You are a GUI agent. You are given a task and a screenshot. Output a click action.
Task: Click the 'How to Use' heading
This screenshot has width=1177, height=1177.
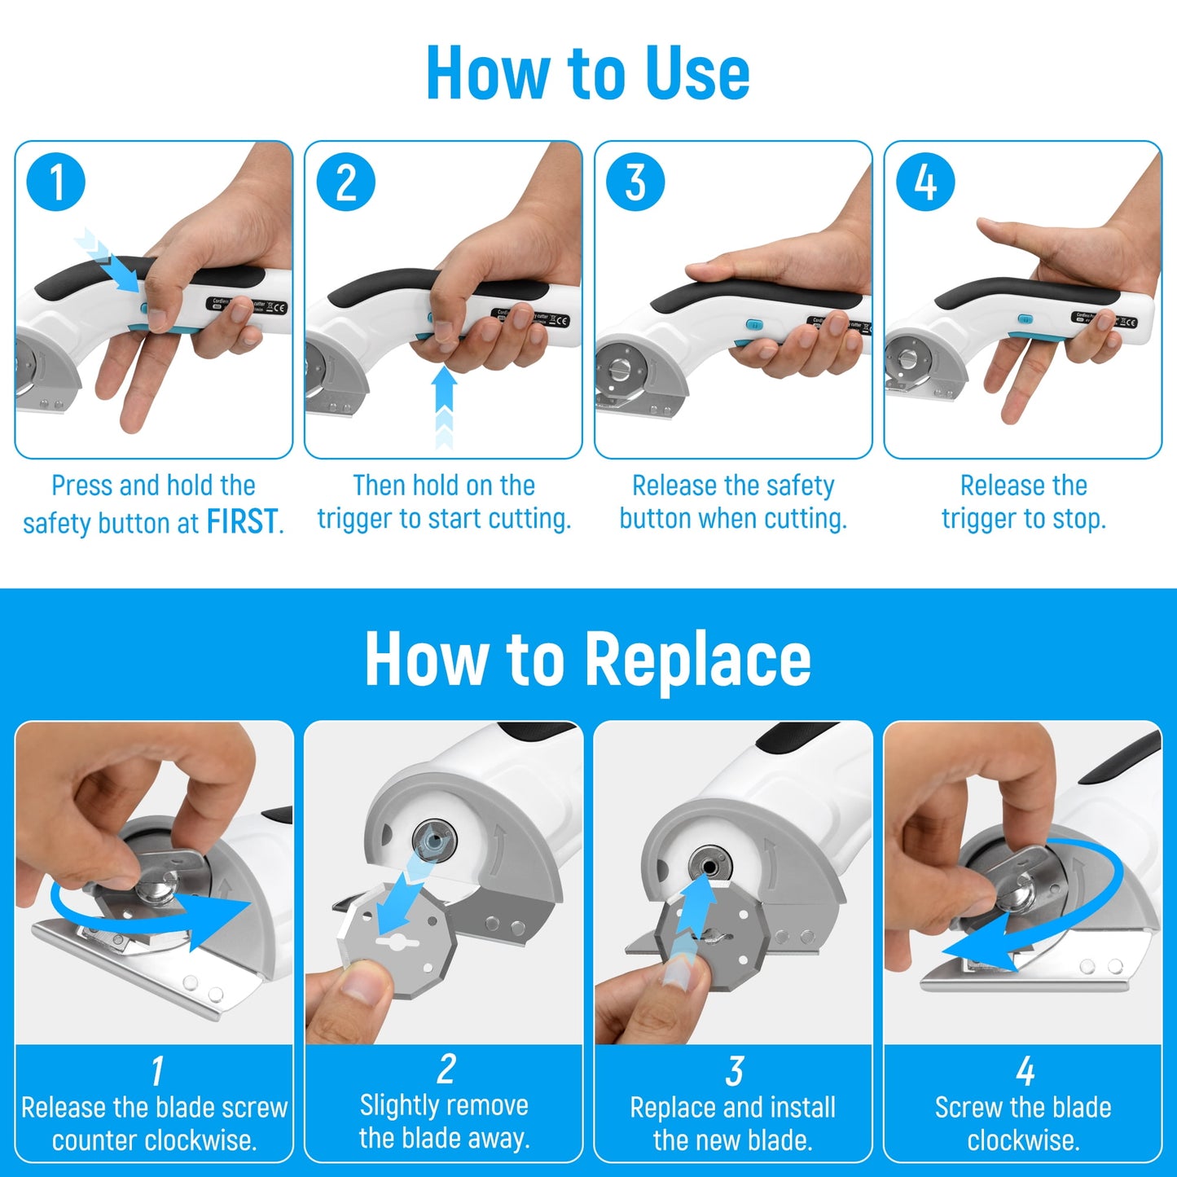click(587, 73)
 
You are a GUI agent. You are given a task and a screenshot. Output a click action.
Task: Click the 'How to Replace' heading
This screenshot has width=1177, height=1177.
click(587, 659)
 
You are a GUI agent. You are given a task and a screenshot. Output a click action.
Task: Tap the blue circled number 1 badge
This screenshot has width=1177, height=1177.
click(56, 182)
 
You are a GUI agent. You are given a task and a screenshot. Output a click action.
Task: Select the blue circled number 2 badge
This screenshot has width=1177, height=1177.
click(346, 182)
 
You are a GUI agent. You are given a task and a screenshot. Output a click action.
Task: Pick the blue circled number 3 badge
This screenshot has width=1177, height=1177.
click(635, 182)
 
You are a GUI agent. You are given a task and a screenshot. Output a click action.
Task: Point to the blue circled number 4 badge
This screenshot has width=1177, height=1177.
click(925, 182)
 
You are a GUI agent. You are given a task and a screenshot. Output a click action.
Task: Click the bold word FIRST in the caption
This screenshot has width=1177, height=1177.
click(242, 521)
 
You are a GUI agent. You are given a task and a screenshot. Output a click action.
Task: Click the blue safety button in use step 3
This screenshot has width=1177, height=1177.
click(754, 324)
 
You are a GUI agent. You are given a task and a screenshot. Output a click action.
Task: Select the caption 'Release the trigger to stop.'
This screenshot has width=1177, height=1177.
click(1023, 502)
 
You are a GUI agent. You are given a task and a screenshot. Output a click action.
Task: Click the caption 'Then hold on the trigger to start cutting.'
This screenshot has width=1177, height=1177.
click(444, 502)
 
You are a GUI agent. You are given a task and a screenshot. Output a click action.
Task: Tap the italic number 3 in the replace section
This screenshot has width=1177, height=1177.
click(734, 1071)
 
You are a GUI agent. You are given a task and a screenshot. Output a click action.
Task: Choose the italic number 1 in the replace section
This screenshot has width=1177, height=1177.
click(156, 1071)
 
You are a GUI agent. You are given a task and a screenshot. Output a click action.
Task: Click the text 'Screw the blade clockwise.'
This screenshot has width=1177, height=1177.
click(1023, 1123)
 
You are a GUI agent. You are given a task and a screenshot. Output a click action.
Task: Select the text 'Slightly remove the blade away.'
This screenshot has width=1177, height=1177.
click(444, 1122)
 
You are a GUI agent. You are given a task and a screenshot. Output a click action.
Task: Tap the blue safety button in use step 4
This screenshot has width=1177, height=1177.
click(1025, 319)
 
